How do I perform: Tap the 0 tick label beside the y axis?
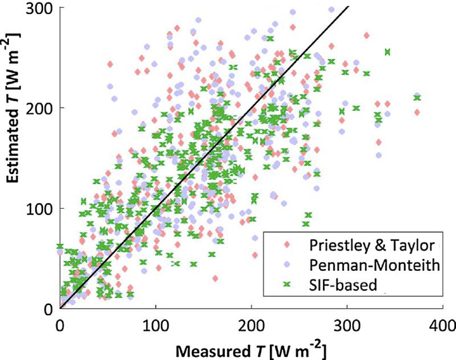(47, 308)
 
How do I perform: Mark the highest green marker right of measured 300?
(387, 53)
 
